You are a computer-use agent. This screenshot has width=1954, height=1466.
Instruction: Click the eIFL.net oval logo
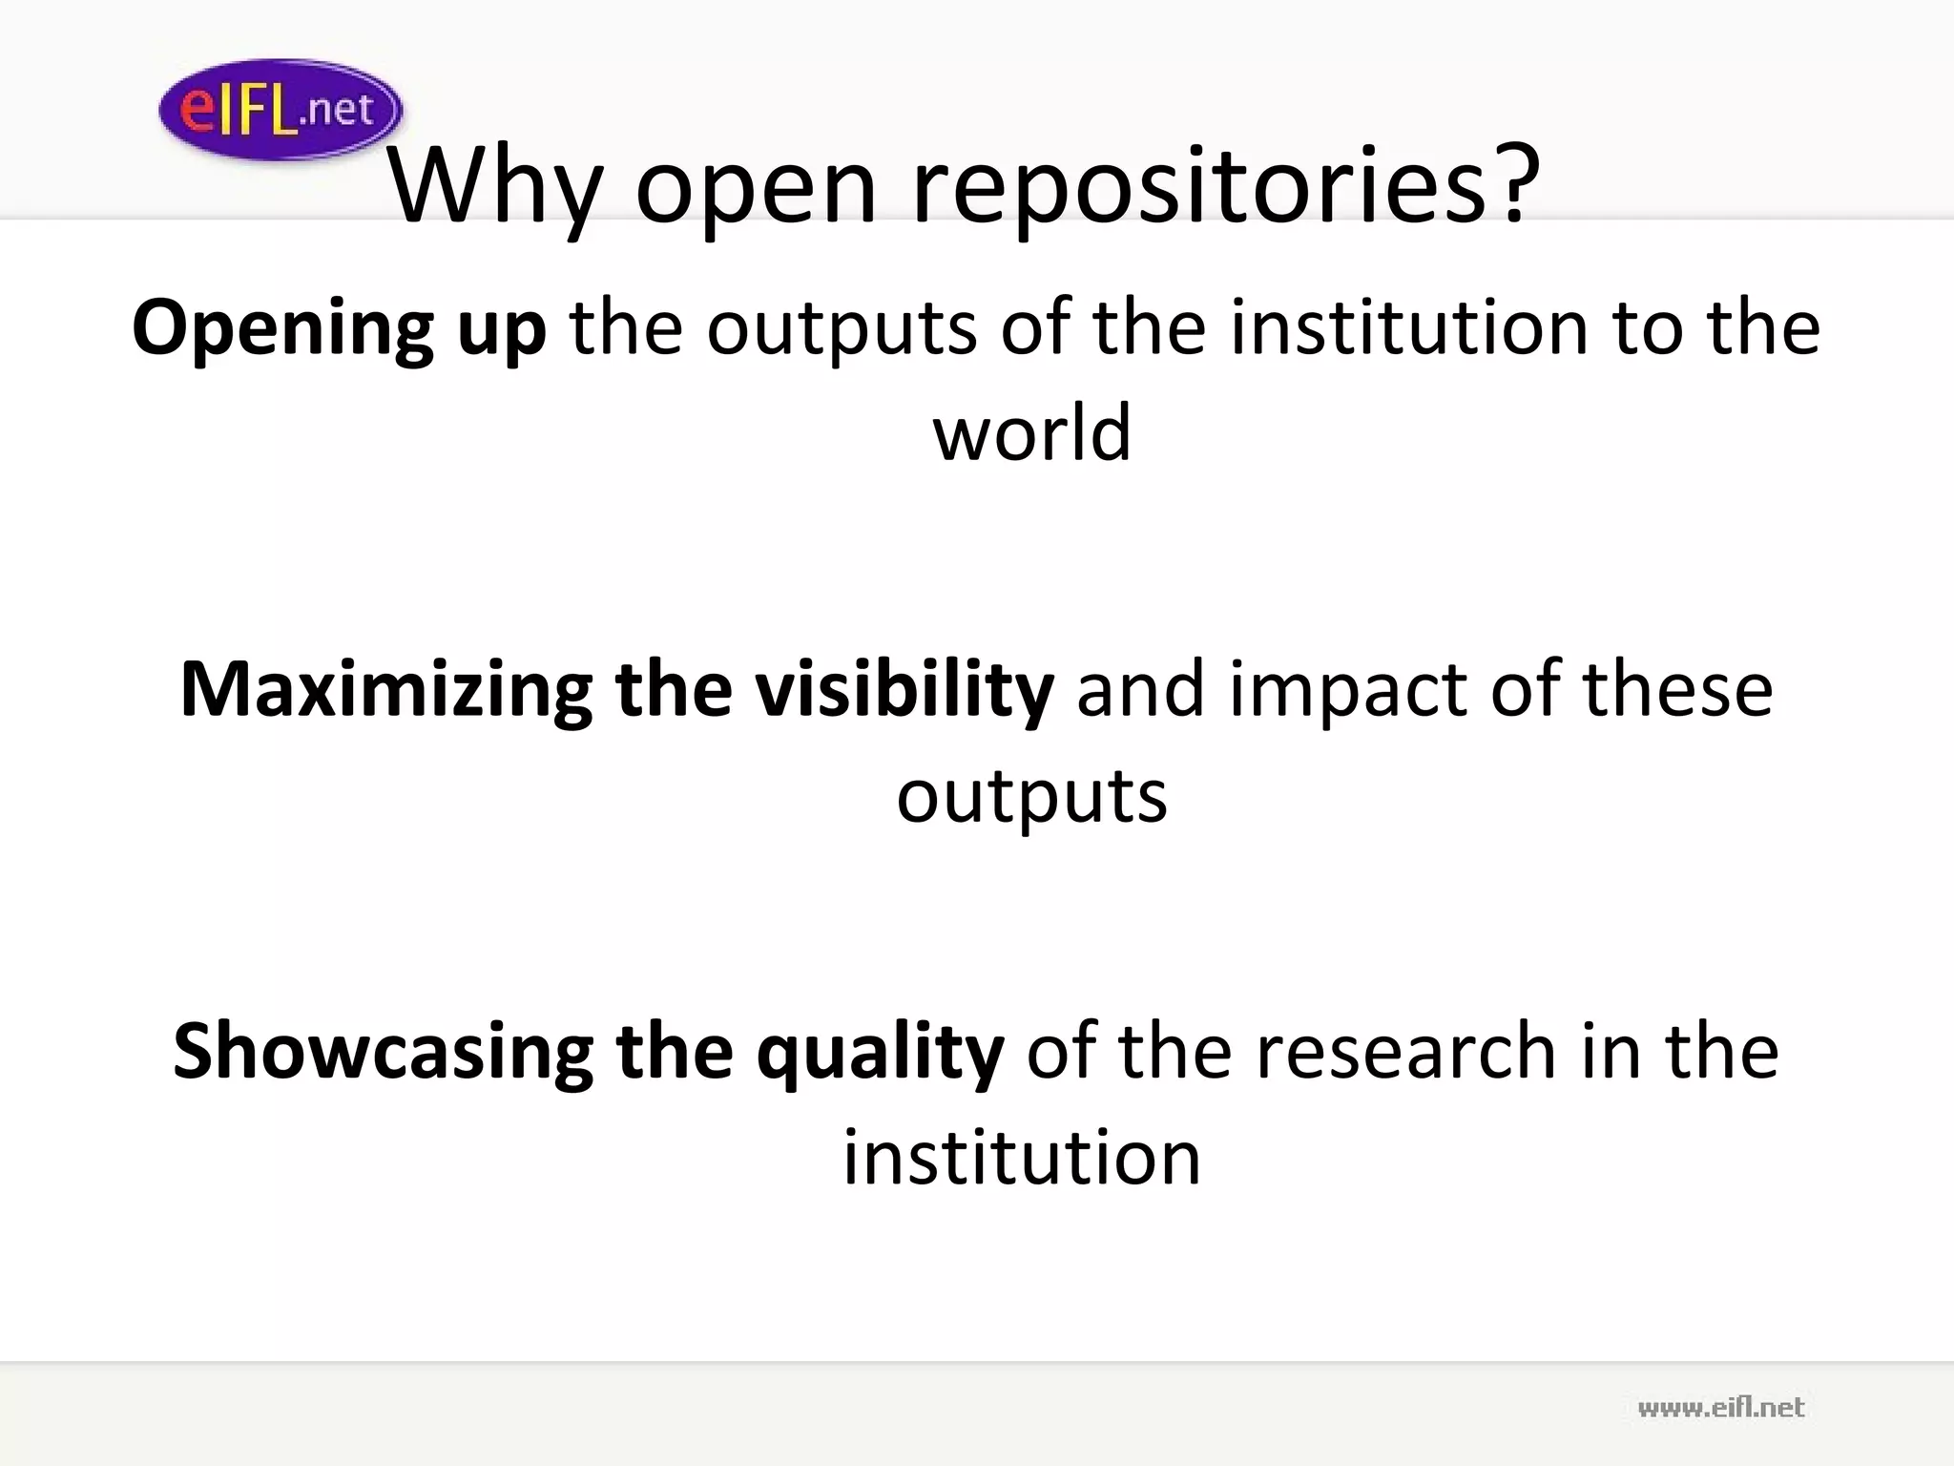tap(280, 110)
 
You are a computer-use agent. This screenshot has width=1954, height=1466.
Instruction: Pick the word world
tap(1031, 432)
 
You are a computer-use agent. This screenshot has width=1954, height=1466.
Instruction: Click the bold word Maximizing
tap(385, 690)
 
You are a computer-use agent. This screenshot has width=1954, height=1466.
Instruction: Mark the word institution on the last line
tap(1022, 1157)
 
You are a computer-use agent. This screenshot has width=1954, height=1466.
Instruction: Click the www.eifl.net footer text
tap(1720, 1407)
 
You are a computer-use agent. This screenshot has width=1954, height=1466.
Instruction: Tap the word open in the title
tap(755, 189)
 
